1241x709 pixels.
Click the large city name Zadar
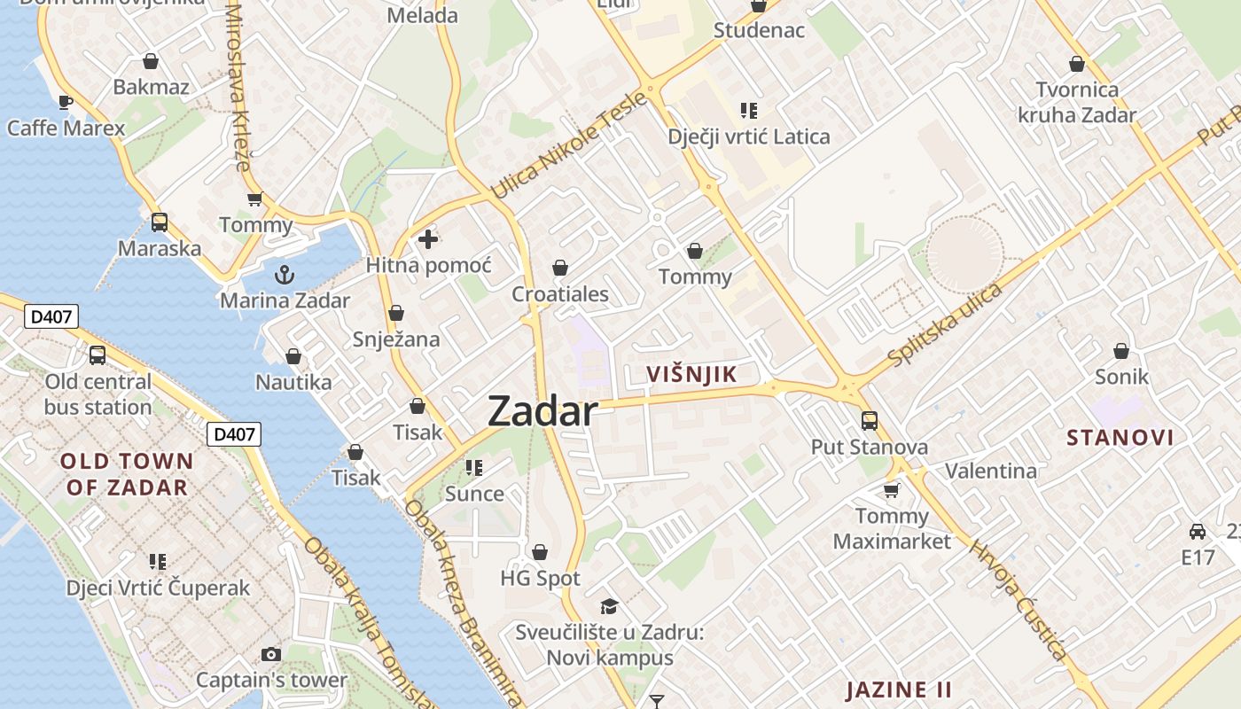click(542, 412)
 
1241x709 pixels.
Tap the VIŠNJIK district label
click(691, 374)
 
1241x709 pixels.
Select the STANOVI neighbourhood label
click(1120, 437)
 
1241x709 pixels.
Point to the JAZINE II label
click(898, 690)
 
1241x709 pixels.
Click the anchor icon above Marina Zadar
click(285, 274)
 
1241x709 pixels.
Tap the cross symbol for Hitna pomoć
click(428, 239)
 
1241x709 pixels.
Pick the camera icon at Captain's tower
click(271, 655)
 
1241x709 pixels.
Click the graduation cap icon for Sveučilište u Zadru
click(609, 607)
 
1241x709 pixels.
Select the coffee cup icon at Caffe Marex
click(66, 102)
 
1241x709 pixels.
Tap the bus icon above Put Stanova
click(870, 421)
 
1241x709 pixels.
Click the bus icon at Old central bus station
click(98, 355)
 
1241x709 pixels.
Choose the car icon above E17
click(1198, 532)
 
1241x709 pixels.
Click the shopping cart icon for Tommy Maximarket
click(892, 490)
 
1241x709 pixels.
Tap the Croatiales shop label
click(560, 294)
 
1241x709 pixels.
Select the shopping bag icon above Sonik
click(1121, 351)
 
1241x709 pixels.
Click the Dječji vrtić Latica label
click(749, 136)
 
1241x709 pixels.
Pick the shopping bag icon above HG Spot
click(540, 553)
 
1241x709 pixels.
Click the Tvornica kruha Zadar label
click(1077, 102)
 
